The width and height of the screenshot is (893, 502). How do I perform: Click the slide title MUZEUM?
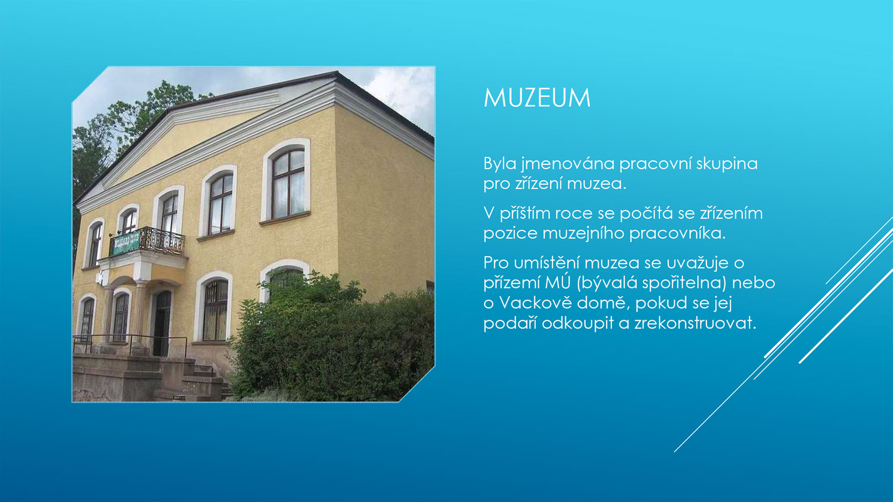(537, 98)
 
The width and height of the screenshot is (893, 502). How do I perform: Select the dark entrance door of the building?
(162, 323)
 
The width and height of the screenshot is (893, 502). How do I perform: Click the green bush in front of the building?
(332, 342)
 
